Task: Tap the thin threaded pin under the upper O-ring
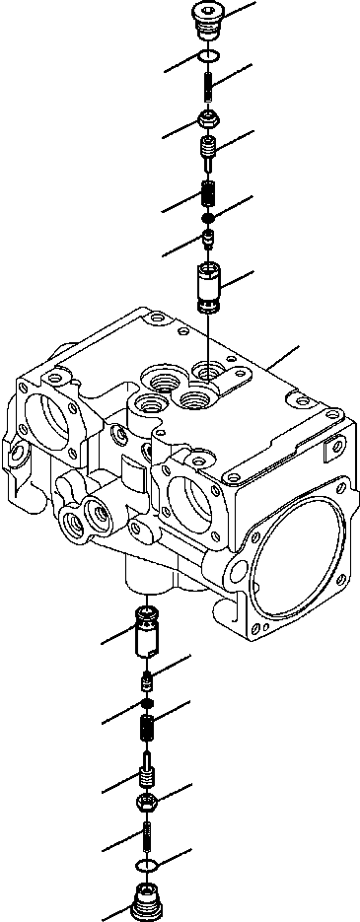pyautogui.click(x=209, y=90)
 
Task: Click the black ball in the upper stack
pyautogui.click(x=209, y=217)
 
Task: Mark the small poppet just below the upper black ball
pyautogui.click(x=209, y=238)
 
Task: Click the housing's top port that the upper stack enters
pyautogui.click(x=209, y=370)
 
